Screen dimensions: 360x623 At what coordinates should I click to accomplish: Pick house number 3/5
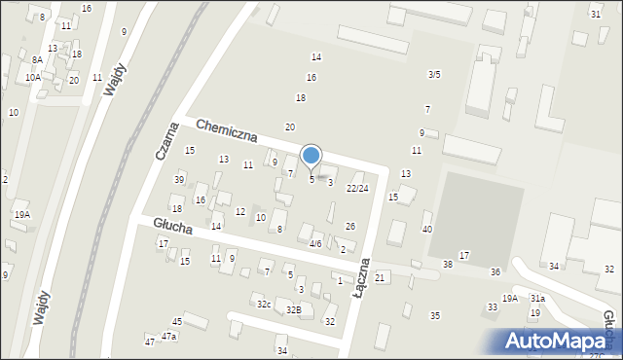coord(434,74)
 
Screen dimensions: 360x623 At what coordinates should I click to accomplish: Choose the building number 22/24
coord(357,188)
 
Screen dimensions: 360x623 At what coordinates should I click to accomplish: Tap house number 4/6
coord(315,243)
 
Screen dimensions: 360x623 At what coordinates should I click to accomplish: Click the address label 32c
coord(264,305)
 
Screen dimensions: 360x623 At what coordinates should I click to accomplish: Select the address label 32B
coord(293,309)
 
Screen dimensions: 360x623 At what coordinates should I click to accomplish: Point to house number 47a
coord(169,336)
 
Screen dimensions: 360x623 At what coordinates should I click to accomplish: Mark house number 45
coord(177,321)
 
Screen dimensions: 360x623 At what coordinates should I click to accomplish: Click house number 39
coord(179,179)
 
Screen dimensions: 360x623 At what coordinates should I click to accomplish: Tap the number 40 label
coord(427,229)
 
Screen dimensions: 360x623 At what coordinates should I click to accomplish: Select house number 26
coord(350,226)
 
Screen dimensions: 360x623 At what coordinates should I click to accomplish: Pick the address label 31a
coord(537,299)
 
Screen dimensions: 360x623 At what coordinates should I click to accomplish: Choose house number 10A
coord(33,77)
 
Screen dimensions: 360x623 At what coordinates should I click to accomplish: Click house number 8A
coord(37,59)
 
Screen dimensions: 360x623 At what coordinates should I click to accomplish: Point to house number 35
coord(435,315)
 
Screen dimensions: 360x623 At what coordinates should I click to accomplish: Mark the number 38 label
coord(448,264)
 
